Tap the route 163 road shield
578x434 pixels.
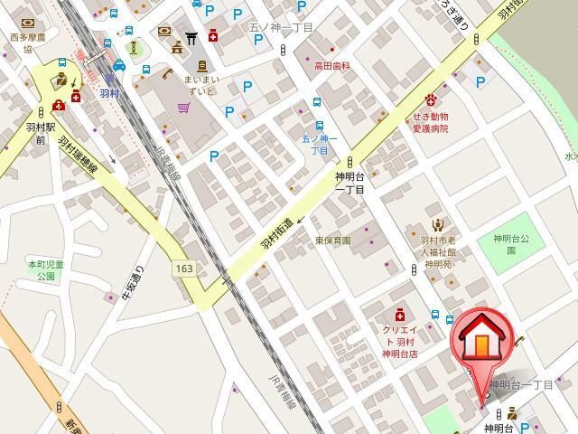tap(185, 269)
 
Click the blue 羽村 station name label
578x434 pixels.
tap(109, 93)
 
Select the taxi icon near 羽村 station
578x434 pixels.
tap(119, 65)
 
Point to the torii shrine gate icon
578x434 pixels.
tap(191, 38)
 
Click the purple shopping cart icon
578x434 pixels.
tap(184, 108)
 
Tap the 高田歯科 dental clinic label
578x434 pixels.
tap(331, 66)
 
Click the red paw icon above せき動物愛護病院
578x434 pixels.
tap(432, 98)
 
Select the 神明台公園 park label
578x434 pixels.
tap(510, 244)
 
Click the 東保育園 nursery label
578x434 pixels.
tap(332, 241)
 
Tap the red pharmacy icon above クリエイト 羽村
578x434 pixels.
tap(399, 316)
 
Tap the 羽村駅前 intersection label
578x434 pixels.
tap(41, 134)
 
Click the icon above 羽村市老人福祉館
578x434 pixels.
tap(437, 225)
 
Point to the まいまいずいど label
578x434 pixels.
tap(200, 85)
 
